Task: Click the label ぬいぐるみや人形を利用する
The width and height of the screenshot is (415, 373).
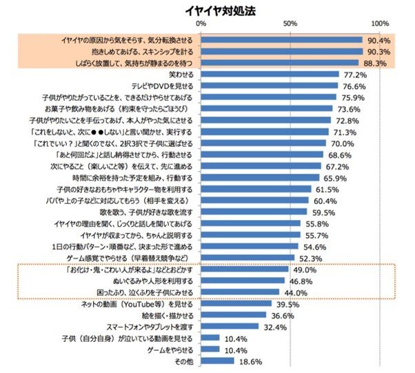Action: [x=152, y=281]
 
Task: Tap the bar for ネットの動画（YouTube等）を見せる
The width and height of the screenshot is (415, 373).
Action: [x=236, y=303]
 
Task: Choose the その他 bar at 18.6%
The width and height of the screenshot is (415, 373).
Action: [x=218, y=361]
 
